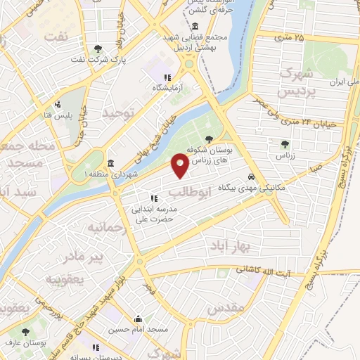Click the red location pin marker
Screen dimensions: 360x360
180,166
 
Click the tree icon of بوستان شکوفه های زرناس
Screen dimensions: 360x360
209,138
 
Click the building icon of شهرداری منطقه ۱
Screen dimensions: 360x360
110,162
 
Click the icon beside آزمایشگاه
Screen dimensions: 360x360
167,77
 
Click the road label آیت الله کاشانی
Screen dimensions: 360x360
265,270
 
